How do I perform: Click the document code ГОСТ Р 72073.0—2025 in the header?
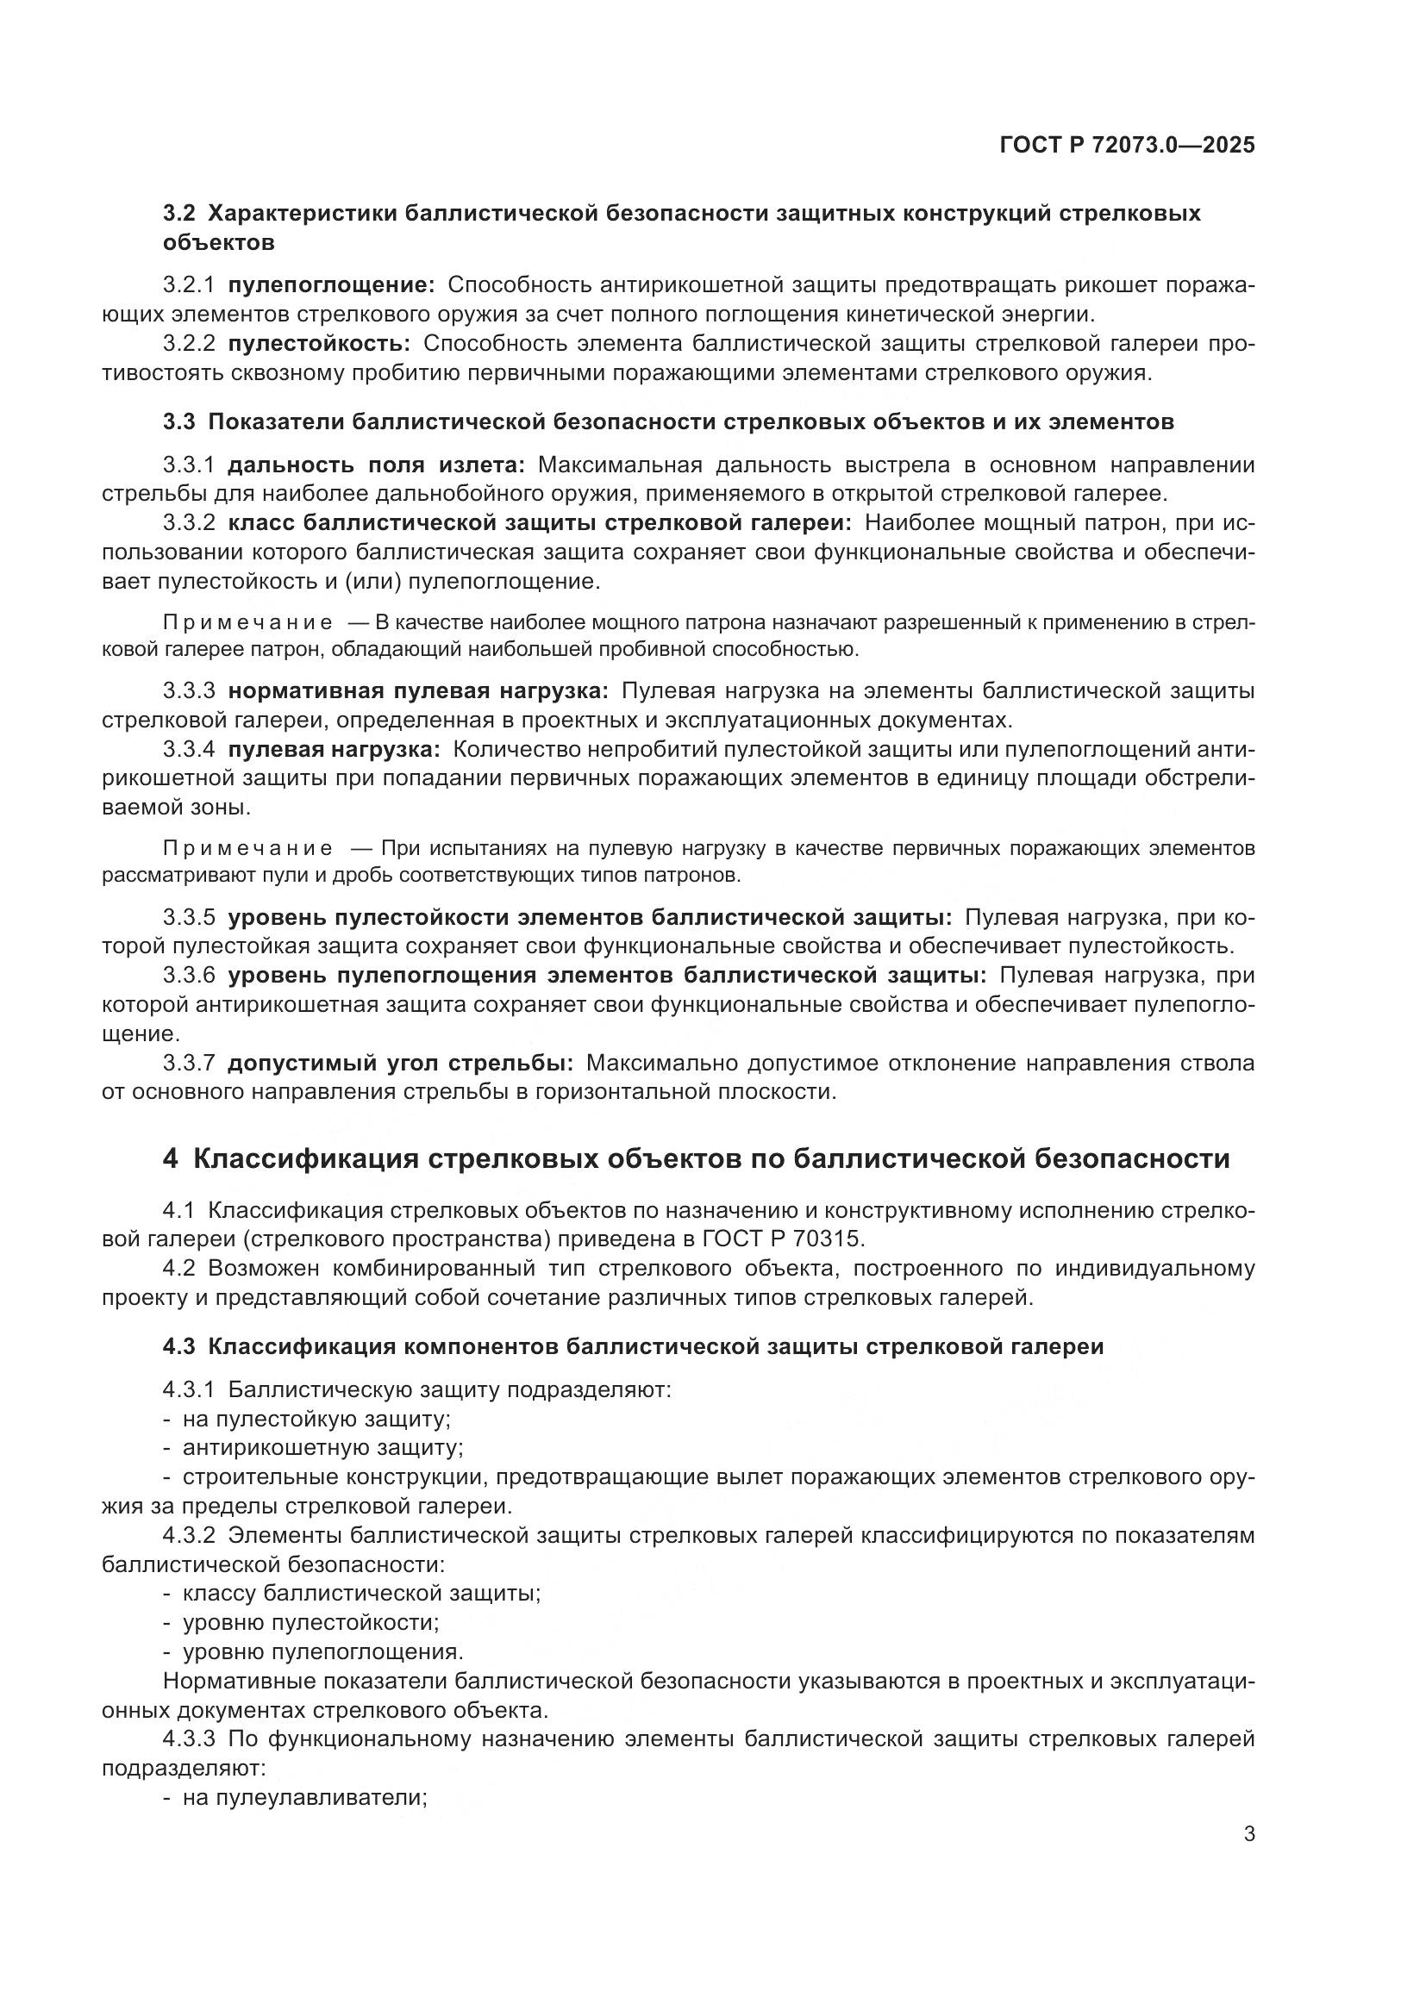coord(1127,146)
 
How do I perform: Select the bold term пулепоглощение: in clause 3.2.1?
coord(331,285)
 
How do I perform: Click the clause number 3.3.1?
coord(188,465)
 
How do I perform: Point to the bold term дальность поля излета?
coord(376,465)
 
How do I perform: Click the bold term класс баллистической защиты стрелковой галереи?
coord(539,523)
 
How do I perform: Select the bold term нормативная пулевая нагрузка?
coord(418,691)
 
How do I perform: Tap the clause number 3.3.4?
coord(188,750)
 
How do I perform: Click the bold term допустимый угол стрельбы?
coord(400,1064)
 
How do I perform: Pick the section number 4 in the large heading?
coord(171,1159)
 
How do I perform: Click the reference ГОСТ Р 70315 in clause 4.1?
coord(783,1239)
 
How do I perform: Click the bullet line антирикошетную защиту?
coord(322,1447)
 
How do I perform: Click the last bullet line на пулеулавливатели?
coord(303,1797)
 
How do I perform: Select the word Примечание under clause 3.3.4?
coord(247,848)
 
